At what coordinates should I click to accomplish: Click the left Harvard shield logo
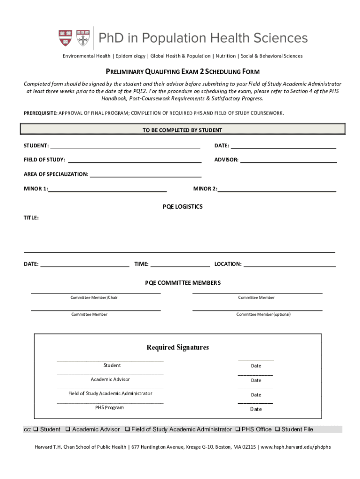[x=65, y=38]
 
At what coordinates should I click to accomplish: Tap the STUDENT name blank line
[x=125, y=145]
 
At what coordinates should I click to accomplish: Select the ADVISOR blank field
[x=288, y=160]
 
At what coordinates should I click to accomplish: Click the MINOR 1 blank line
[x=108, y=189]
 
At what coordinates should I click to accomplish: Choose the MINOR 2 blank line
[x=277, y=189]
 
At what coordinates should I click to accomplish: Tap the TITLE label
[x=31, y=218]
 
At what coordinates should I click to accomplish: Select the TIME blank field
[x=180, y=264]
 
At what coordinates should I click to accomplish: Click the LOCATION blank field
[x=289, y=264]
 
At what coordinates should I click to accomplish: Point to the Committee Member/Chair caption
[x=94, y=298]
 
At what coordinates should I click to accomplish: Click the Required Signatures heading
[x=178, y=348]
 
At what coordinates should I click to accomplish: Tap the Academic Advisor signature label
[x=110, y=379]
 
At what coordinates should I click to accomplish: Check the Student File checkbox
[x=278, y=429]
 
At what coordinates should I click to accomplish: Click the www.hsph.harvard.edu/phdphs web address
[x=295, y=447]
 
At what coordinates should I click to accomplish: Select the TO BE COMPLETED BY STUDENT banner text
[x=182, y=130]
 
